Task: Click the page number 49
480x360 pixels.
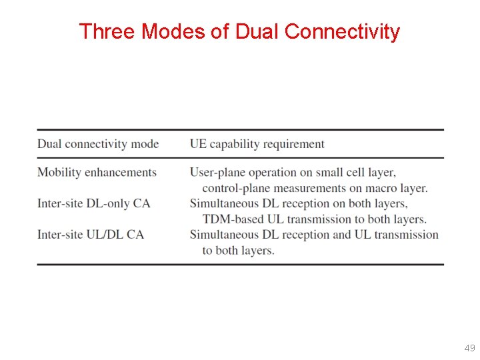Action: coord(469,348)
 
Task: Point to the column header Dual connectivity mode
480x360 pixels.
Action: coord(98,144)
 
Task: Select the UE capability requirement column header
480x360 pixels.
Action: coord(257,144)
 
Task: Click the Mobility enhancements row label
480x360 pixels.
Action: coord(97,172)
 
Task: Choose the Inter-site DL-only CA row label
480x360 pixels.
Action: coord(94,203)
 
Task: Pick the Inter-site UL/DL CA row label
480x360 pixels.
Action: coord(91,234)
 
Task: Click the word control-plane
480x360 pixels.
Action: coord(235,188)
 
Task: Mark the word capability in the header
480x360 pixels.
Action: coord(235,144)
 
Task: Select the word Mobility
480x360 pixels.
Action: coord(58,172)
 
